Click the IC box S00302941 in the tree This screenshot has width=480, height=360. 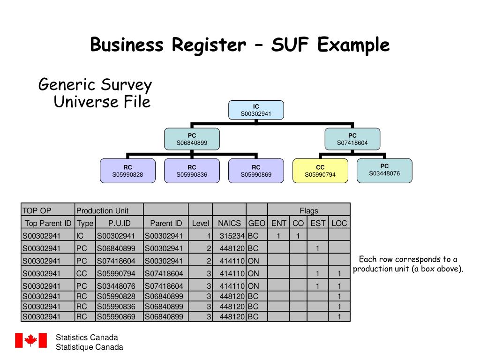click(256, 110)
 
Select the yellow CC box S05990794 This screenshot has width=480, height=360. click(320, 171)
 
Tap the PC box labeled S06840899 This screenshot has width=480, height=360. click(192, 139)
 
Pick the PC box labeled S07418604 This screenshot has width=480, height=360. click(352, 139)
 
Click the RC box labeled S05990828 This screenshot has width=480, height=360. click(127, 171)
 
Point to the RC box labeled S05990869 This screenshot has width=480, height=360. click(256, 171)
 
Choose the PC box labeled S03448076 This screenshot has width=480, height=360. click(384, 170)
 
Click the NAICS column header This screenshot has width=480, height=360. click(229, 223)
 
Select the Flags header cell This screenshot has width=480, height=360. click(309, 210)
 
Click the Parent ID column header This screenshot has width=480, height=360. click(166, 223)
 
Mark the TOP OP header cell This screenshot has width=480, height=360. click(48, 210)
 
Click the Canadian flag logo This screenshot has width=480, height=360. click(31, 340)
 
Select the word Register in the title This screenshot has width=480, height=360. click(208, 45)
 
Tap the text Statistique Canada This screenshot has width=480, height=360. click(89, 347)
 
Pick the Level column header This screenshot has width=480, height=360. click(200, 223)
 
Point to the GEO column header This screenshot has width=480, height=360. click(256, 223)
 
